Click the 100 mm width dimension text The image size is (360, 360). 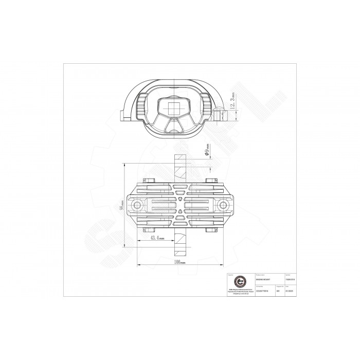179,262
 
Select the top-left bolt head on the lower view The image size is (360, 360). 150,180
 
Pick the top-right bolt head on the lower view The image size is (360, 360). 210,180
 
